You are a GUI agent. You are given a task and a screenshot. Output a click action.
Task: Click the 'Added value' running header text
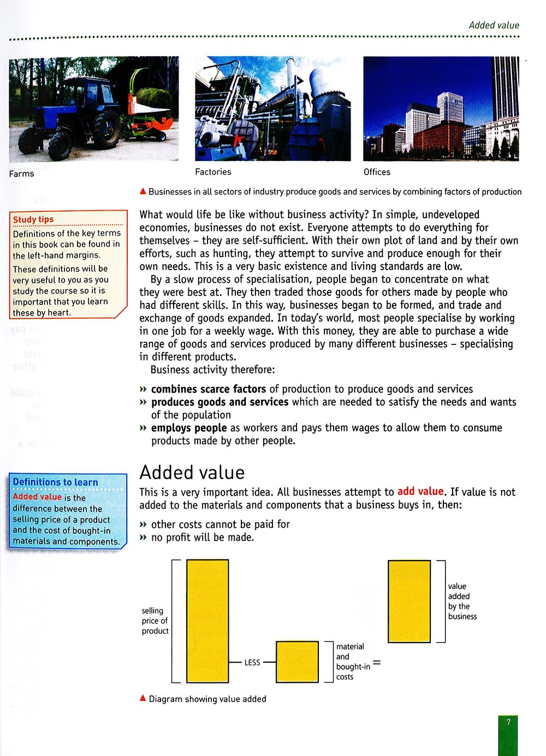(494, 25)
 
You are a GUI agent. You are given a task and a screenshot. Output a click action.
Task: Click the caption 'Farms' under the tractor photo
(21, 174)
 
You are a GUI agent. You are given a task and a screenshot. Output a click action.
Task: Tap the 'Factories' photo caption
(213, 172)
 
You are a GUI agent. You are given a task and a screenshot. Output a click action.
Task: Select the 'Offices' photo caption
(377, 172)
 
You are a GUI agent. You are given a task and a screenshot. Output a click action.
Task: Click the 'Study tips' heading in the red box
(33, 219)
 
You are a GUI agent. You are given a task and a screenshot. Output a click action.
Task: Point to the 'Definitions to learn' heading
(55, 482)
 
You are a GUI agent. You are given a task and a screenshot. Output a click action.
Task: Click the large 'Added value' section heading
(192, 472)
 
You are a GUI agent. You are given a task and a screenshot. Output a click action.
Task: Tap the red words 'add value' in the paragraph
(420, 491)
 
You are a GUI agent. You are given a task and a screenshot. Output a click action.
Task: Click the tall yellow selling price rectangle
(207, 621)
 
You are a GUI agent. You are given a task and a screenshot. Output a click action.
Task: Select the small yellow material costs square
(297, 662)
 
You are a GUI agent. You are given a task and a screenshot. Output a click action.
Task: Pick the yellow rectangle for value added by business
(409, 601)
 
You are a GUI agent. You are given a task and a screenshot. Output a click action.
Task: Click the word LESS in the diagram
(252, 663)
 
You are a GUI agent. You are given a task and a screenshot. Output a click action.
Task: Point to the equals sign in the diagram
(377, 663)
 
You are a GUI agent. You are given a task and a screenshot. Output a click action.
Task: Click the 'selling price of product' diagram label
(155, 621)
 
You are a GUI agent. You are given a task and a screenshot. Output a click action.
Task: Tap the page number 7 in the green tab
(508, 722)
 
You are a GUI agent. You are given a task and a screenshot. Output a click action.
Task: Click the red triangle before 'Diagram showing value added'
(143, 698)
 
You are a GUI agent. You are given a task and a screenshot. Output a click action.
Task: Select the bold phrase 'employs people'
(189, 428)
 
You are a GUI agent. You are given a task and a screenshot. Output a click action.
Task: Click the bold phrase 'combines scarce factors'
(209, 389)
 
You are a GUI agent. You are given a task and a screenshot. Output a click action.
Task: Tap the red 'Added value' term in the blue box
(37, 497)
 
